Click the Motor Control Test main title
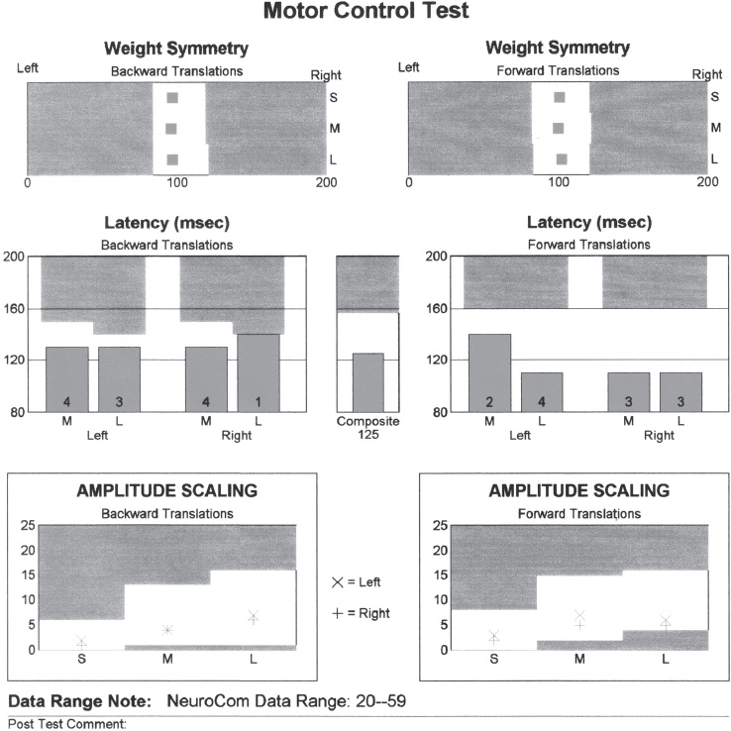coord(365,13)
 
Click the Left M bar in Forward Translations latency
coord(489,372)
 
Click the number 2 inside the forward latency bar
coord(489,402)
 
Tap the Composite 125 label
coord(367,432)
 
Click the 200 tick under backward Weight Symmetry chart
coord(324,183)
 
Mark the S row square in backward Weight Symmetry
coord(172,97)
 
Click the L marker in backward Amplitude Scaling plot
coord(254,617)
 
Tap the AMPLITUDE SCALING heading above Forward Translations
coord(579,490)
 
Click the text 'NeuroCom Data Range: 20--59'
coord(286,701)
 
